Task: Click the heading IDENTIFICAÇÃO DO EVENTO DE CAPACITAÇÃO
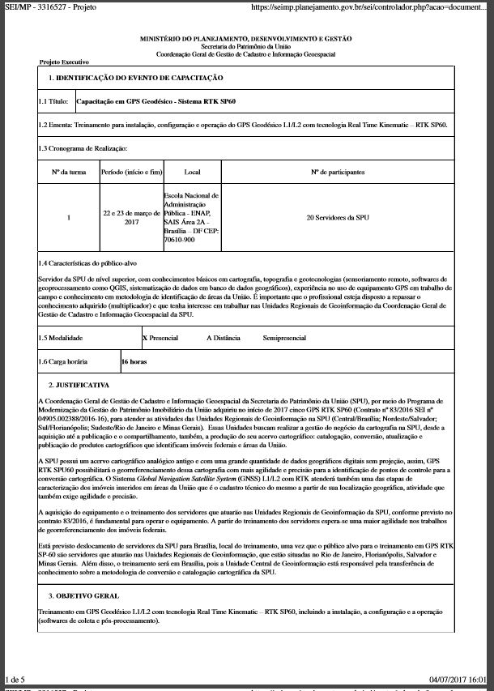pos(136,78)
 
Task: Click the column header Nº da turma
pos(69,173)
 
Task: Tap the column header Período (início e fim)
pos(132,173)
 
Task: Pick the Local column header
pos(192,173)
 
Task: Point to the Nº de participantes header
pos(338,173)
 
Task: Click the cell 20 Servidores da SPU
pos(338,218)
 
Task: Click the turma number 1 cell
pos(69,218)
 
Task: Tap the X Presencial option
pos(160,336)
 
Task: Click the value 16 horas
pos(134,362)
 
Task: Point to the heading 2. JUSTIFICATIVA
pos(79,384)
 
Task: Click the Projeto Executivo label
pos(64,62)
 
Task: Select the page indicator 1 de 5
pos(15,678)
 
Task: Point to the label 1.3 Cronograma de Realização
pos(83,148)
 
